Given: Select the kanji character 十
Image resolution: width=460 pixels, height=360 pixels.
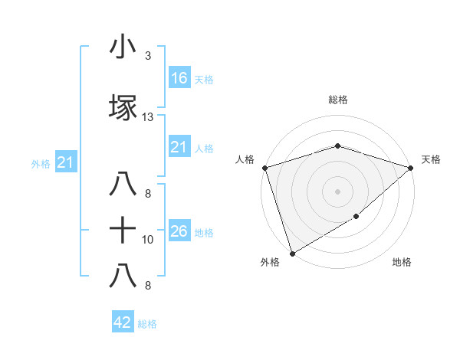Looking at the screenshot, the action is tap(123, 229).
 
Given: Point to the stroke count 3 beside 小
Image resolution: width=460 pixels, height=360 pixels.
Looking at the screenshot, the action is tap(147, 56).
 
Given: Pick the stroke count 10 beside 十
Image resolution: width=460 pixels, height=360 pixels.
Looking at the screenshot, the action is tap(148, 240).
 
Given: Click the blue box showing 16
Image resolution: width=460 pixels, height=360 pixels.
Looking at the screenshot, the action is tap(179, 78).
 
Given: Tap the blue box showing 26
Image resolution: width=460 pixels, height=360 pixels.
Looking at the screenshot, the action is tap(179, 231).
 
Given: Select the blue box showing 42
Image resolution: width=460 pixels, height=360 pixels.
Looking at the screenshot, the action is tap(123, 322).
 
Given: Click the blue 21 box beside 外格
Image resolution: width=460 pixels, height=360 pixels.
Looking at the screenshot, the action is tap(65, 162).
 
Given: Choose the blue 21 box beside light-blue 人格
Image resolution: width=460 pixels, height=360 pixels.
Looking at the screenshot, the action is tap(179, 147).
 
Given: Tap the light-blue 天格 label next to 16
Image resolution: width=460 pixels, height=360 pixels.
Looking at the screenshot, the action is tap(204, 79).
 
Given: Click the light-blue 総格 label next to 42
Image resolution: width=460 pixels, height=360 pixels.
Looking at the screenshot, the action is tap(147, 324).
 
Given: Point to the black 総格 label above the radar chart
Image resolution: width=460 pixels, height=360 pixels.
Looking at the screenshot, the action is tap(337, 100).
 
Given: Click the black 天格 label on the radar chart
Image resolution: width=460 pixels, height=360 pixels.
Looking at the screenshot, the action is tap(431, 159).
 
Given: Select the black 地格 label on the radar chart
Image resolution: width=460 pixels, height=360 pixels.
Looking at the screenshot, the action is tap(402, 263).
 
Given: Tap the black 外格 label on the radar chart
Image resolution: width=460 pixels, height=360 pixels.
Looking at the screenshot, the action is tap(270, 263).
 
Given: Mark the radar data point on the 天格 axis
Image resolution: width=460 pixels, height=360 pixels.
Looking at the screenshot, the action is tap(411, 168).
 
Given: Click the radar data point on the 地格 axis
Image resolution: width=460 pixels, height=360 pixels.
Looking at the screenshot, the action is tap(356, 218).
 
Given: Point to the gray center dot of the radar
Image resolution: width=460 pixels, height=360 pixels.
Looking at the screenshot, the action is tap(337, 191).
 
